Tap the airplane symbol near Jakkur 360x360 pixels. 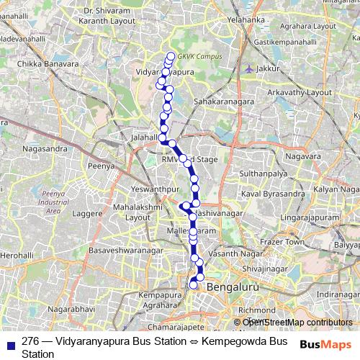249,69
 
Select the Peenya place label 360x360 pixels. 102,166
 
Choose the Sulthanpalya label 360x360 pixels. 264,174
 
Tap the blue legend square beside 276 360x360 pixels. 9,341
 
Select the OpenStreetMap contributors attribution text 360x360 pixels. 293,322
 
